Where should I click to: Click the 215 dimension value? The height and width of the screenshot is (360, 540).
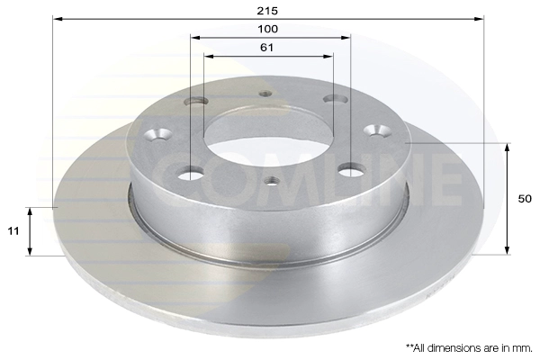(x=267, y=11)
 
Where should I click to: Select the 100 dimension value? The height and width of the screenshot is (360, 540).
(x=267, y=29)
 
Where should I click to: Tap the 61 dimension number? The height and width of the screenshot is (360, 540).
(x=267, y=47)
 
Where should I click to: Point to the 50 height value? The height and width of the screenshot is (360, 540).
(x=525, y=199)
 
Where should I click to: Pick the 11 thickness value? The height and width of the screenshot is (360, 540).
(x=13, y=230)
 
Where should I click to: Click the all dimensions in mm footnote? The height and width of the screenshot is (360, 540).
(x=469, y=348)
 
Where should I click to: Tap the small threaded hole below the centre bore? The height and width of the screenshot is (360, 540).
(x=273, y=180)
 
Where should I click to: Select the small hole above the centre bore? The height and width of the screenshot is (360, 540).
(x=265, y=94)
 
